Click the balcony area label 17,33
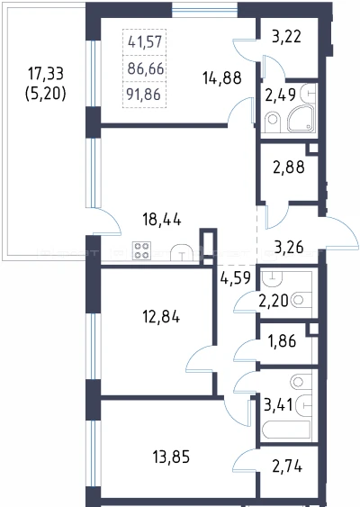[46, 74]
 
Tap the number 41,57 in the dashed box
[145, 42]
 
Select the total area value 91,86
[144, 95]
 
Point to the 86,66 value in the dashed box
[146, 68]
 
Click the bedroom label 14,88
[222, 78]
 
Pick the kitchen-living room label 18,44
[162, 220]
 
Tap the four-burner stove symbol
[141, 250]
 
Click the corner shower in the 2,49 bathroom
[301, 118]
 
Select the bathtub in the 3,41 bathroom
[286, 430]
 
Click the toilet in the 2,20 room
[301, 300]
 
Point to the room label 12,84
[161, 317]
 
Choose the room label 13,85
[171, 457]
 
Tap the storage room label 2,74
[287, 466]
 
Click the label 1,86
[282, 340]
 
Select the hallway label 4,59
[235, 277]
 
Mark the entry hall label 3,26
[289, 247]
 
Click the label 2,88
[289, 167]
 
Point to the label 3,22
[286, 36]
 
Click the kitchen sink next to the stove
[182, 252]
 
